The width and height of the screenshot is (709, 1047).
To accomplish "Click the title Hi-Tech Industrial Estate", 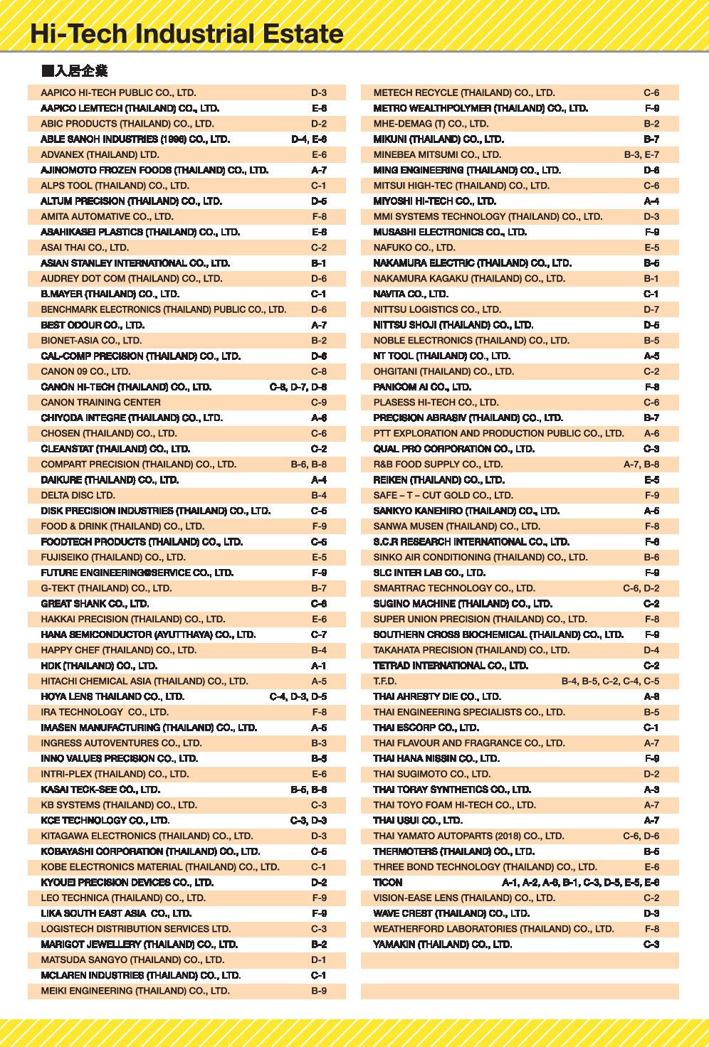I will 187,34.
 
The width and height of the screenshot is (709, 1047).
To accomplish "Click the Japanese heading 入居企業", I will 75,70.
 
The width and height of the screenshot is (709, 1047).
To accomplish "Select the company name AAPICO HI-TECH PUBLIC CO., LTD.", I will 118,92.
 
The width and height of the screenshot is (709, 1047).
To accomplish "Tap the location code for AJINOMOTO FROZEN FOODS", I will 319,170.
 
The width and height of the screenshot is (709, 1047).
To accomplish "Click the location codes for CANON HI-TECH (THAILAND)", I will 298,387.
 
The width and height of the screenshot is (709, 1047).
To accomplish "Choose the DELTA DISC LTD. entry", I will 78,495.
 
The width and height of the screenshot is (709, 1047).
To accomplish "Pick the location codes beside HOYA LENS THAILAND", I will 298,696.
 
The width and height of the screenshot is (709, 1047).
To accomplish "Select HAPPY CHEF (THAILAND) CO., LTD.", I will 118,650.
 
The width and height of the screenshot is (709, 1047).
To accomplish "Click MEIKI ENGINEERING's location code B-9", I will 319,991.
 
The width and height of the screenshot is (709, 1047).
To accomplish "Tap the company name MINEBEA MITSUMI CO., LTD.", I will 437,154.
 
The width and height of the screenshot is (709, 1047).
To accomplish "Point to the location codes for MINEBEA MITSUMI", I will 641,154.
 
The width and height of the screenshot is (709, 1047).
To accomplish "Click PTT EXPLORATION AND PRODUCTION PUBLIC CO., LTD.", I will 498,433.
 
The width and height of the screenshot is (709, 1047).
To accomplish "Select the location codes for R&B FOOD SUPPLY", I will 641,464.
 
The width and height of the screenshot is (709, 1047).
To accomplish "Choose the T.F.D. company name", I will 385,681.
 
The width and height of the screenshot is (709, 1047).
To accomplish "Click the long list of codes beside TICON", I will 580,883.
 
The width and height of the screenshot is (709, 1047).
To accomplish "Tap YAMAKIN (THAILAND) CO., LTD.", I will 442,945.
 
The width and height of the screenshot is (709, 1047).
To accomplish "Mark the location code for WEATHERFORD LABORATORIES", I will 651,929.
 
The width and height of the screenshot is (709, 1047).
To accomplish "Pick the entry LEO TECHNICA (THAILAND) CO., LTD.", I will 123,898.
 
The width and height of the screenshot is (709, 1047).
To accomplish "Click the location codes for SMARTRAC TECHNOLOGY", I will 641,588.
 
